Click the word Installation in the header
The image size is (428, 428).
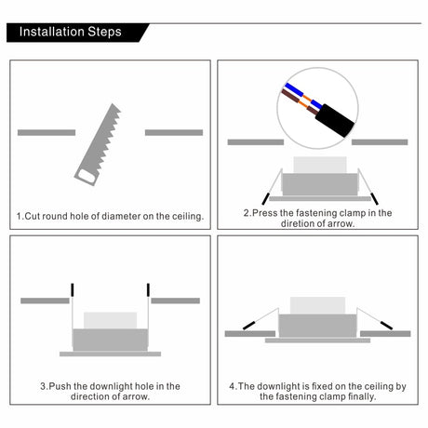tap(51, 32)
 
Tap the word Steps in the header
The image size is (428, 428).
tap(104, 32)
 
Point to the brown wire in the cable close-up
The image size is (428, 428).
tap(299, 101)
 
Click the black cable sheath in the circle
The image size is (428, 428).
tap(335, 121)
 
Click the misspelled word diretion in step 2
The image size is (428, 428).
tap(298, 223)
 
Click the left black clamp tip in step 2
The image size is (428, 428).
tap(266, 199)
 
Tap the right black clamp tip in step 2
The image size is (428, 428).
tap(375, 199)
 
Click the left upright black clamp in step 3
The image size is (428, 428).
tap(73, 289)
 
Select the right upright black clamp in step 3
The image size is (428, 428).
tap(148, 289)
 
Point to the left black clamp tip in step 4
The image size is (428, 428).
tap(249, 326)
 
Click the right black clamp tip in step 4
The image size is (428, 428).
tap(386, 326)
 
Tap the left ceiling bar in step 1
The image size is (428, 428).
tap(47, 133)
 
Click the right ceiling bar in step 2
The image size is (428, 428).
tap(380, 142)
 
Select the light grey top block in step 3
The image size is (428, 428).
tap(110, 320)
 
